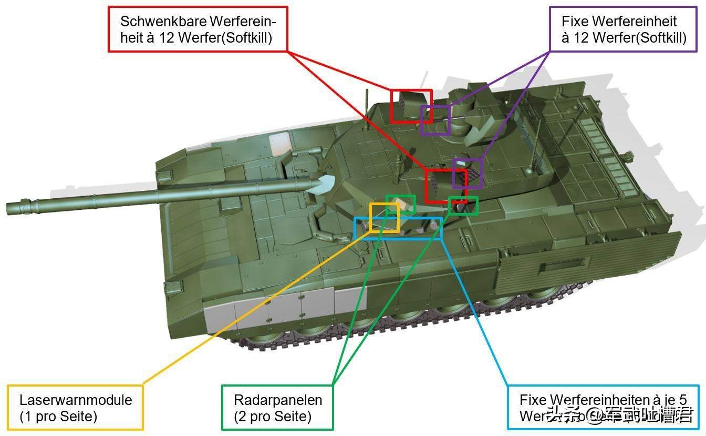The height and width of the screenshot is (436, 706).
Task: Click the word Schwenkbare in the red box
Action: pyautogui.click(x=164, y=22)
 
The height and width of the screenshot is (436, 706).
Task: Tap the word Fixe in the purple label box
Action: pyautogui.click(x=575, y=22)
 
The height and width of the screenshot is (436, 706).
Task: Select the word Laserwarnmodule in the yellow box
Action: pyautogui.click(x=76, y=400)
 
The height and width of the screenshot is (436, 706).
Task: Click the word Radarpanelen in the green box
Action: pyautogui.click(x=278, y=400)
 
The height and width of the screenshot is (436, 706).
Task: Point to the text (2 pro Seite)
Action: pyautogui.click(x=273, y=417)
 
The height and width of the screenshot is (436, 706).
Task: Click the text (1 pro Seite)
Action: pyautogui.click(x=58, y=417)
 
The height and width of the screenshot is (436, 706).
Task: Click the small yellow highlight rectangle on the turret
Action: pyautogui.click(x=384, y=217)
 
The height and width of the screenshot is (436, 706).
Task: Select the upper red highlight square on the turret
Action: pyautogui.click(x=411, y=106)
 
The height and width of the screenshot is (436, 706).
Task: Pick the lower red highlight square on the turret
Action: pyautogui.click(x=445, y=186)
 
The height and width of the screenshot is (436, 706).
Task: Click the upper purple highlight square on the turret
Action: pyautogui.click(x=435, y=120)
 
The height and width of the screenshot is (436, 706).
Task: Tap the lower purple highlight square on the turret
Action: pyautogui.click(x=468, y=173)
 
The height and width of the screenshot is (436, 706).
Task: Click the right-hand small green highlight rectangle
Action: pyautogui.click(x=463, y=206)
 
